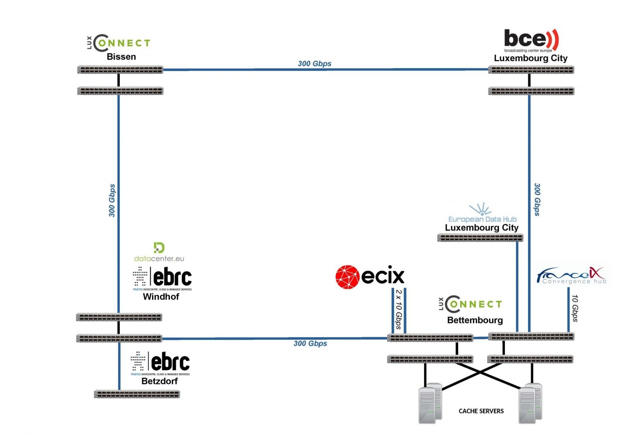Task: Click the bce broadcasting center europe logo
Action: click(x=531, y=40)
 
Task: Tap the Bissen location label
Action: click(x=121, y=57)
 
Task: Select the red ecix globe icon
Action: click(x=347, y=277)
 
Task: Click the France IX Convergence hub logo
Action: click(x=571, y=275)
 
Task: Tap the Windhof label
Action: click(x=161, y=297)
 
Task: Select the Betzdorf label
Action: click(x=160, y=381)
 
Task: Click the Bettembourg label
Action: click(x=475, y=320)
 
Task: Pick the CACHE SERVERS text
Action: click(x=481, y=411)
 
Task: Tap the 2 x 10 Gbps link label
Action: click(x=399, y=309)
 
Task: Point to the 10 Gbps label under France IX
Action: click(x=575, y=308)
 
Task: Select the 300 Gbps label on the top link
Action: click(x=314, y=64)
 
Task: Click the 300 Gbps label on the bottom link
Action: click(x=310, y=344)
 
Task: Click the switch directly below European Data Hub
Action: click(x=480, y=238)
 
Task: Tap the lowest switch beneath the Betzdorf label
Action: click(x=137, y=394)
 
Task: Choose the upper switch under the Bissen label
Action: click(x=120, y=70)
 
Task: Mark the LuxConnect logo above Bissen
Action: click(x=118, y=43)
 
